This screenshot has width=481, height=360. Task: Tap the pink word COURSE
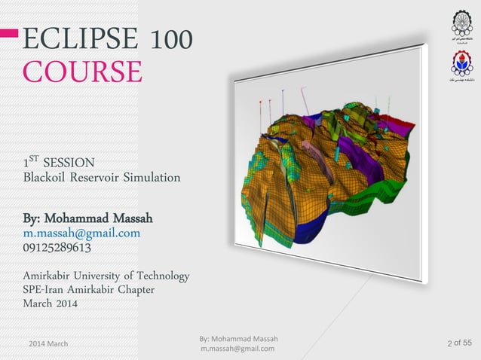(82, 72)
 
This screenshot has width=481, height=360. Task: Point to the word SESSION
(69, 162)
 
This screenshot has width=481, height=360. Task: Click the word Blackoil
(49, 178)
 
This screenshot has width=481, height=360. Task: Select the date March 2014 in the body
(55, 304)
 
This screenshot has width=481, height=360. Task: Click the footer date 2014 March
(48, 343)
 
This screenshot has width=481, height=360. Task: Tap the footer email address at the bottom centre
(237, 349)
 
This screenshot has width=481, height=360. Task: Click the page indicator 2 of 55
(459, 344)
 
